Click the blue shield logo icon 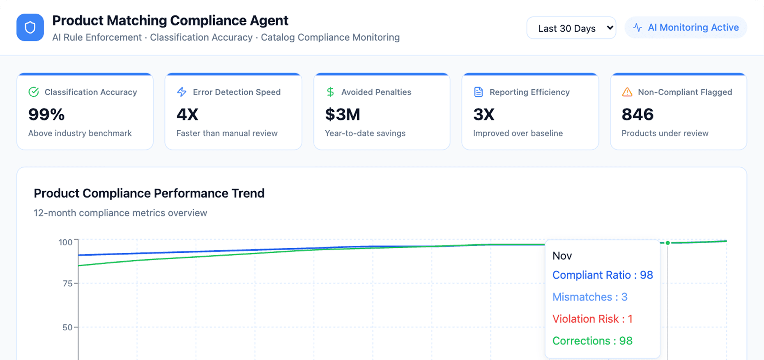pos(30,28)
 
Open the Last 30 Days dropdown pos(571,28)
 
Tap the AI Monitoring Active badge pos(686,28)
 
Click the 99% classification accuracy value pos(46,114)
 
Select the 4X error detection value pos(187,114)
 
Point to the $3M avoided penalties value pos(343,114)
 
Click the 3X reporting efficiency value pos(483,114)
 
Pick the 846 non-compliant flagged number pos(637,114)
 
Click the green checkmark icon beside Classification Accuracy pos(34,92)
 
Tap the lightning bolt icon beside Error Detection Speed pos(182,92)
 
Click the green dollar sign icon pos(330,92)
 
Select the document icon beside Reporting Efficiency pos(479,92)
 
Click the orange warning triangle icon pos(627,92)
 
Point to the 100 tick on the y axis pos(65,242)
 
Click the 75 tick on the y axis pos(67,284)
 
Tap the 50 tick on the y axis pos(67,328)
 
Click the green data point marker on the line pos(668,243)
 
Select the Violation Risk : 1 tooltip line pos(592,319)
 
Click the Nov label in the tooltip pos(562,256)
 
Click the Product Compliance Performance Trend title pos(149,193)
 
